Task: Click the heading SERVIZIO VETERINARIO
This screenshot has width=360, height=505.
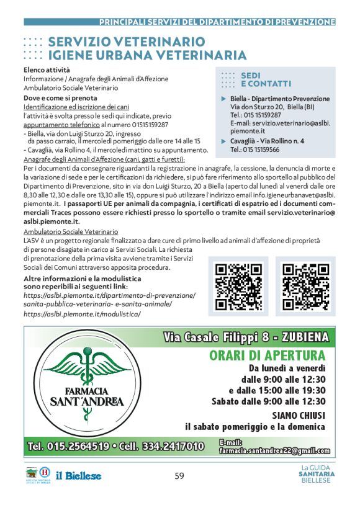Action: tap(126, 42)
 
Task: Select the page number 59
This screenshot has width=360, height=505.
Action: tap(179, 476)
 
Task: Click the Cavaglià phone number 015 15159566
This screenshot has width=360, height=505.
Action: tap(254, 150)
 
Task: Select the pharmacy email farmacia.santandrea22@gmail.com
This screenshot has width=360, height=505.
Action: tap(274, 450)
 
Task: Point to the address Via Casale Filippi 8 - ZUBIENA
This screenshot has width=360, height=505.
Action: tap(246, 337)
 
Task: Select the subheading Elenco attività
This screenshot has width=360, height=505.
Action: tap(47, 70)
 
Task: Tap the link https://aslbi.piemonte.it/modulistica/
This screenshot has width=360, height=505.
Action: tap(82, 314)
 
